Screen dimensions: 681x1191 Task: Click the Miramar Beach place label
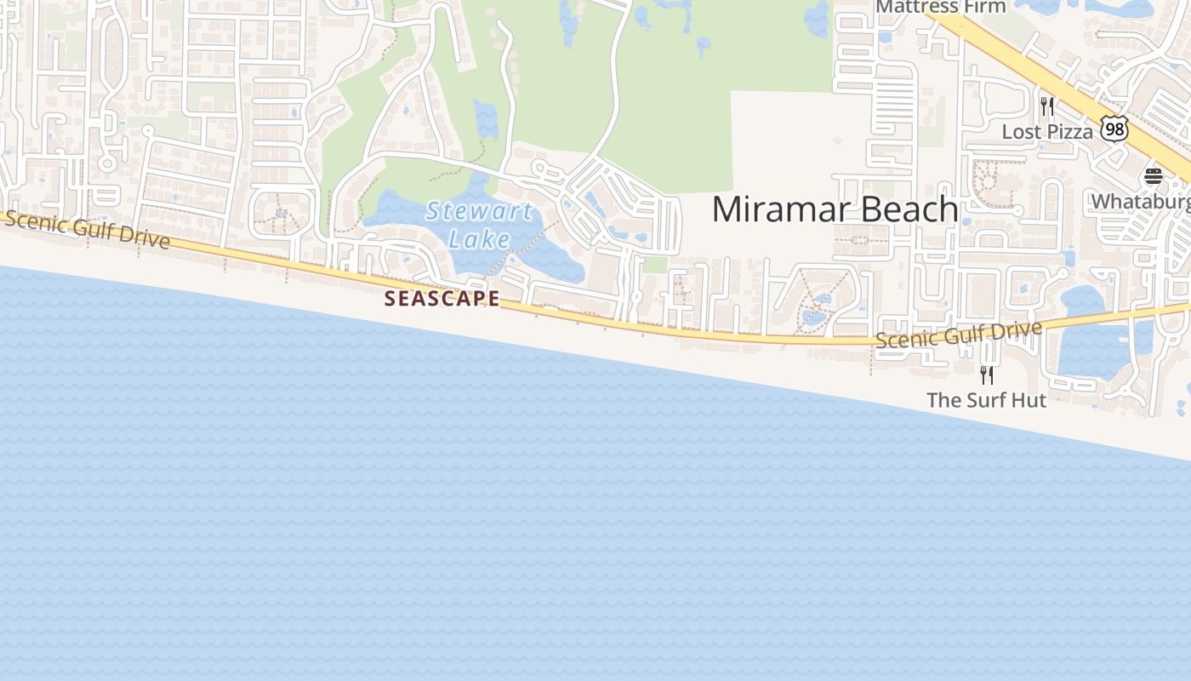(x=835, y=209)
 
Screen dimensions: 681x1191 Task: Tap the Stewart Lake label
(x=479, y=224)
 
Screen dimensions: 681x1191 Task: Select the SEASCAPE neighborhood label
(x=442, y=299)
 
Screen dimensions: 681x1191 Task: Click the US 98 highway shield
(x=1114, y=129)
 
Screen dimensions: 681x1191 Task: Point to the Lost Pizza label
(x=1047, y=132)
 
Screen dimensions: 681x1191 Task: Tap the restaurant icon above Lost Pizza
(x=1047, y=106)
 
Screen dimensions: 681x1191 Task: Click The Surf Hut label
(x=986, y=400)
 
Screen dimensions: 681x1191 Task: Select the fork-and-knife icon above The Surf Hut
(x=986, y=375)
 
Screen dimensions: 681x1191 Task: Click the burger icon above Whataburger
(x=1153, y=176)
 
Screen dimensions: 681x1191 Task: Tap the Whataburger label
(x=1141, y=202)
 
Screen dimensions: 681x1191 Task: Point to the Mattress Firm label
(x=940, y=7)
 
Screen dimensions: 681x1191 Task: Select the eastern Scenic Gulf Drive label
(x=959, y=335)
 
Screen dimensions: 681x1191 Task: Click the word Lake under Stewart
(x=479, y=239)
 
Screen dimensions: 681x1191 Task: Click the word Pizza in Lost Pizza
(x=1070, y=132)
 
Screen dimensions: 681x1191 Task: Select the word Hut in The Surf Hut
(x=1029, y=400)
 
